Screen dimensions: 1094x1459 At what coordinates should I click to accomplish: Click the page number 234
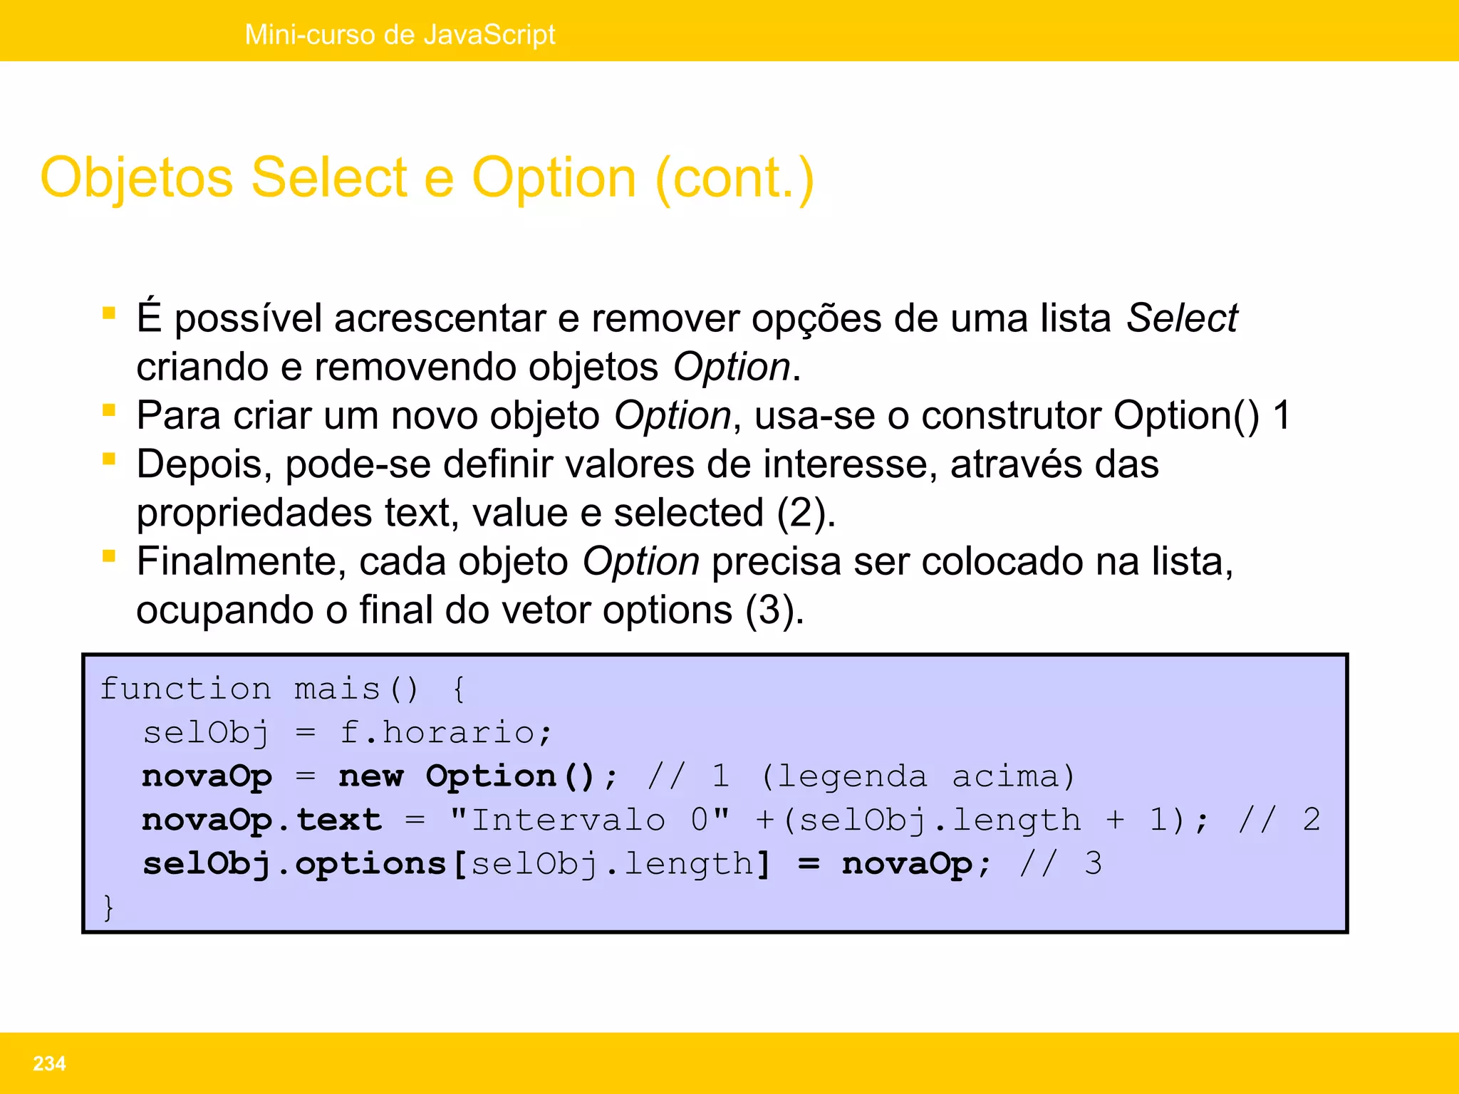[49, 1063]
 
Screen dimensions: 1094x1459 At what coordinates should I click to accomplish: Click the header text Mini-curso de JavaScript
[400, 34]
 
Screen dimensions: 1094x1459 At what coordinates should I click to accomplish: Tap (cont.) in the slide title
[734, 178]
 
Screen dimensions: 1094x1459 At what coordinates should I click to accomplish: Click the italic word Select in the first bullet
[1181, 318]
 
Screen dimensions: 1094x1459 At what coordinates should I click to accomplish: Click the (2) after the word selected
[805, 513]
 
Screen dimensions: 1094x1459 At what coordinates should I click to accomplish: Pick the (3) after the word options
[774, 610]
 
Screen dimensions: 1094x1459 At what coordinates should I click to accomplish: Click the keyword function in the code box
[185, 689]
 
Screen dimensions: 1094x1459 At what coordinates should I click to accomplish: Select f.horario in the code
[445, 732]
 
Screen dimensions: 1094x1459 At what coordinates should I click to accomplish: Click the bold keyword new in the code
[370, 776]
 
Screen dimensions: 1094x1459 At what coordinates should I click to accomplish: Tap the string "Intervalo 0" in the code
[590, 820]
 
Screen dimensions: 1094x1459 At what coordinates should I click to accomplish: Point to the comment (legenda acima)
[918, 776]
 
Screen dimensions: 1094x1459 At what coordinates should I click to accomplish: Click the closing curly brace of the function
[108, 907]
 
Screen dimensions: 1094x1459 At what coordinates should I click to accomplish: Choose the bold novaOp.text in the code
[261, 820]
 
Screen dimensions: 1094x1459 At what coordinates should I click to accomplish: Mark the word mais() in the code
[355, 689]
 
